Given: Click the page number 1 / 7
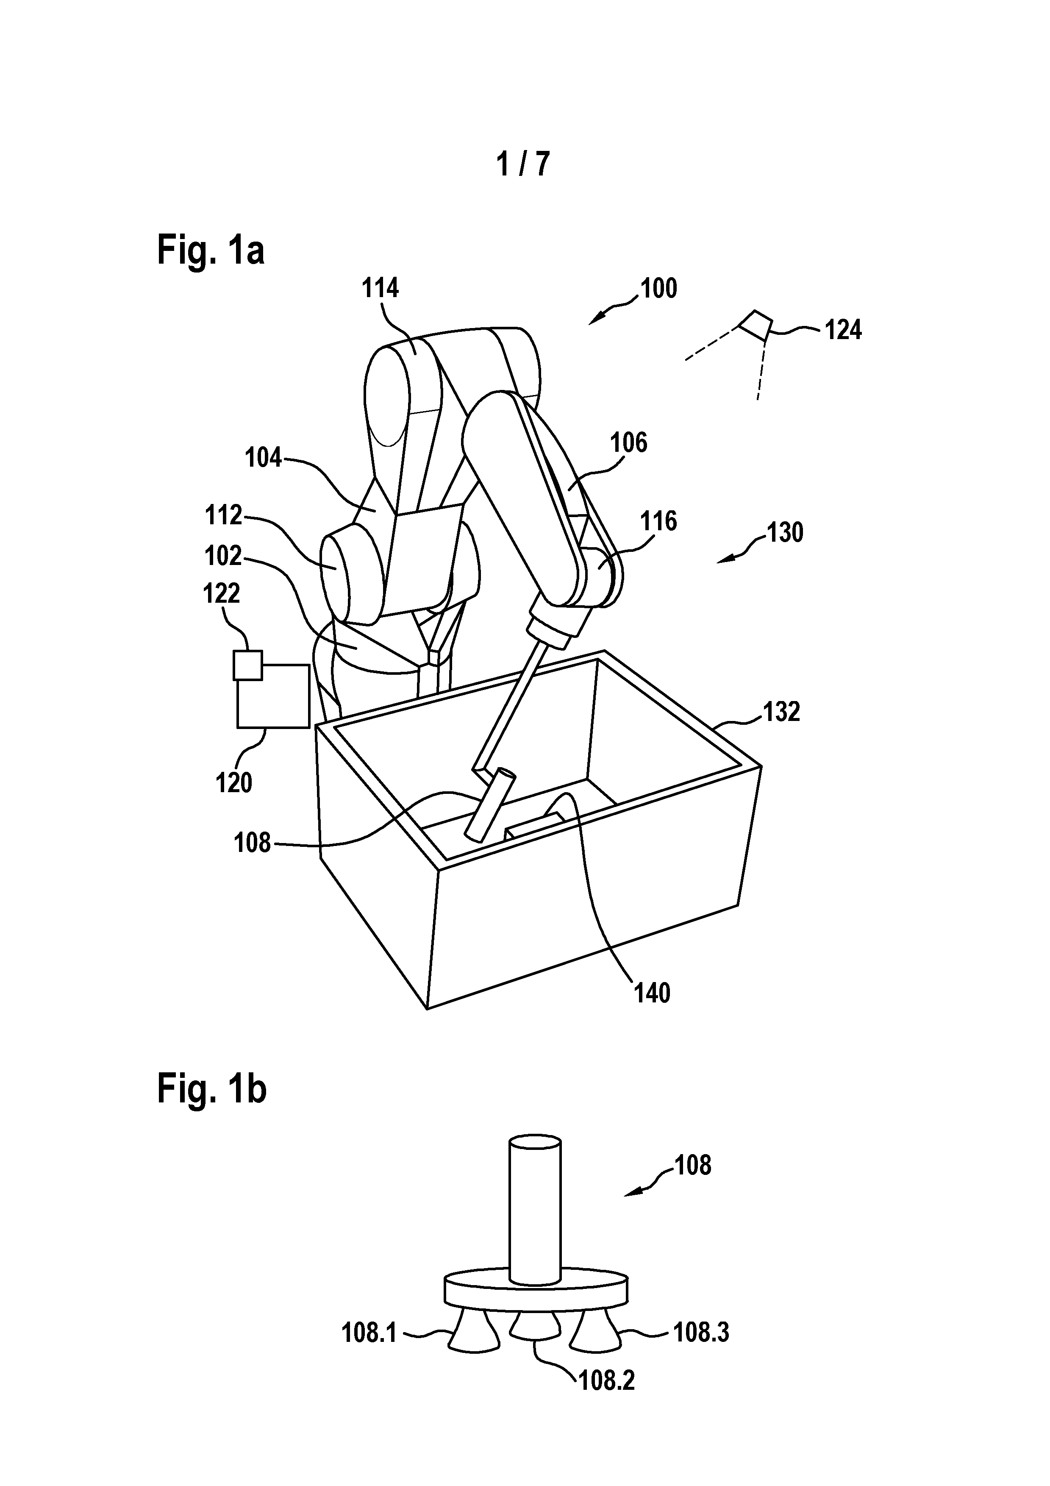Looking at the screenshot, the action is point(523,163).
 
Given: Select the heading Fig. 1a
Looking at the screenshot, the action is point(211,250).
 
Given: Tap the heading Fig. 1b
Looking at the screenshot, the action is point(211,1089).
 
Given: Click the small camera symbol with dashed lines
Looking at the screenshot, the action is point(756,325).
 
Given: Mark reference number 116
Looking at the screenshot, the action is point(658,521).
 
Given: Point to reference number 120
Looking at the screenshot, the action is point(233,783).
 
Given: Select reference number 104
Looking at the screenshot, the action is point(263,458).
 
